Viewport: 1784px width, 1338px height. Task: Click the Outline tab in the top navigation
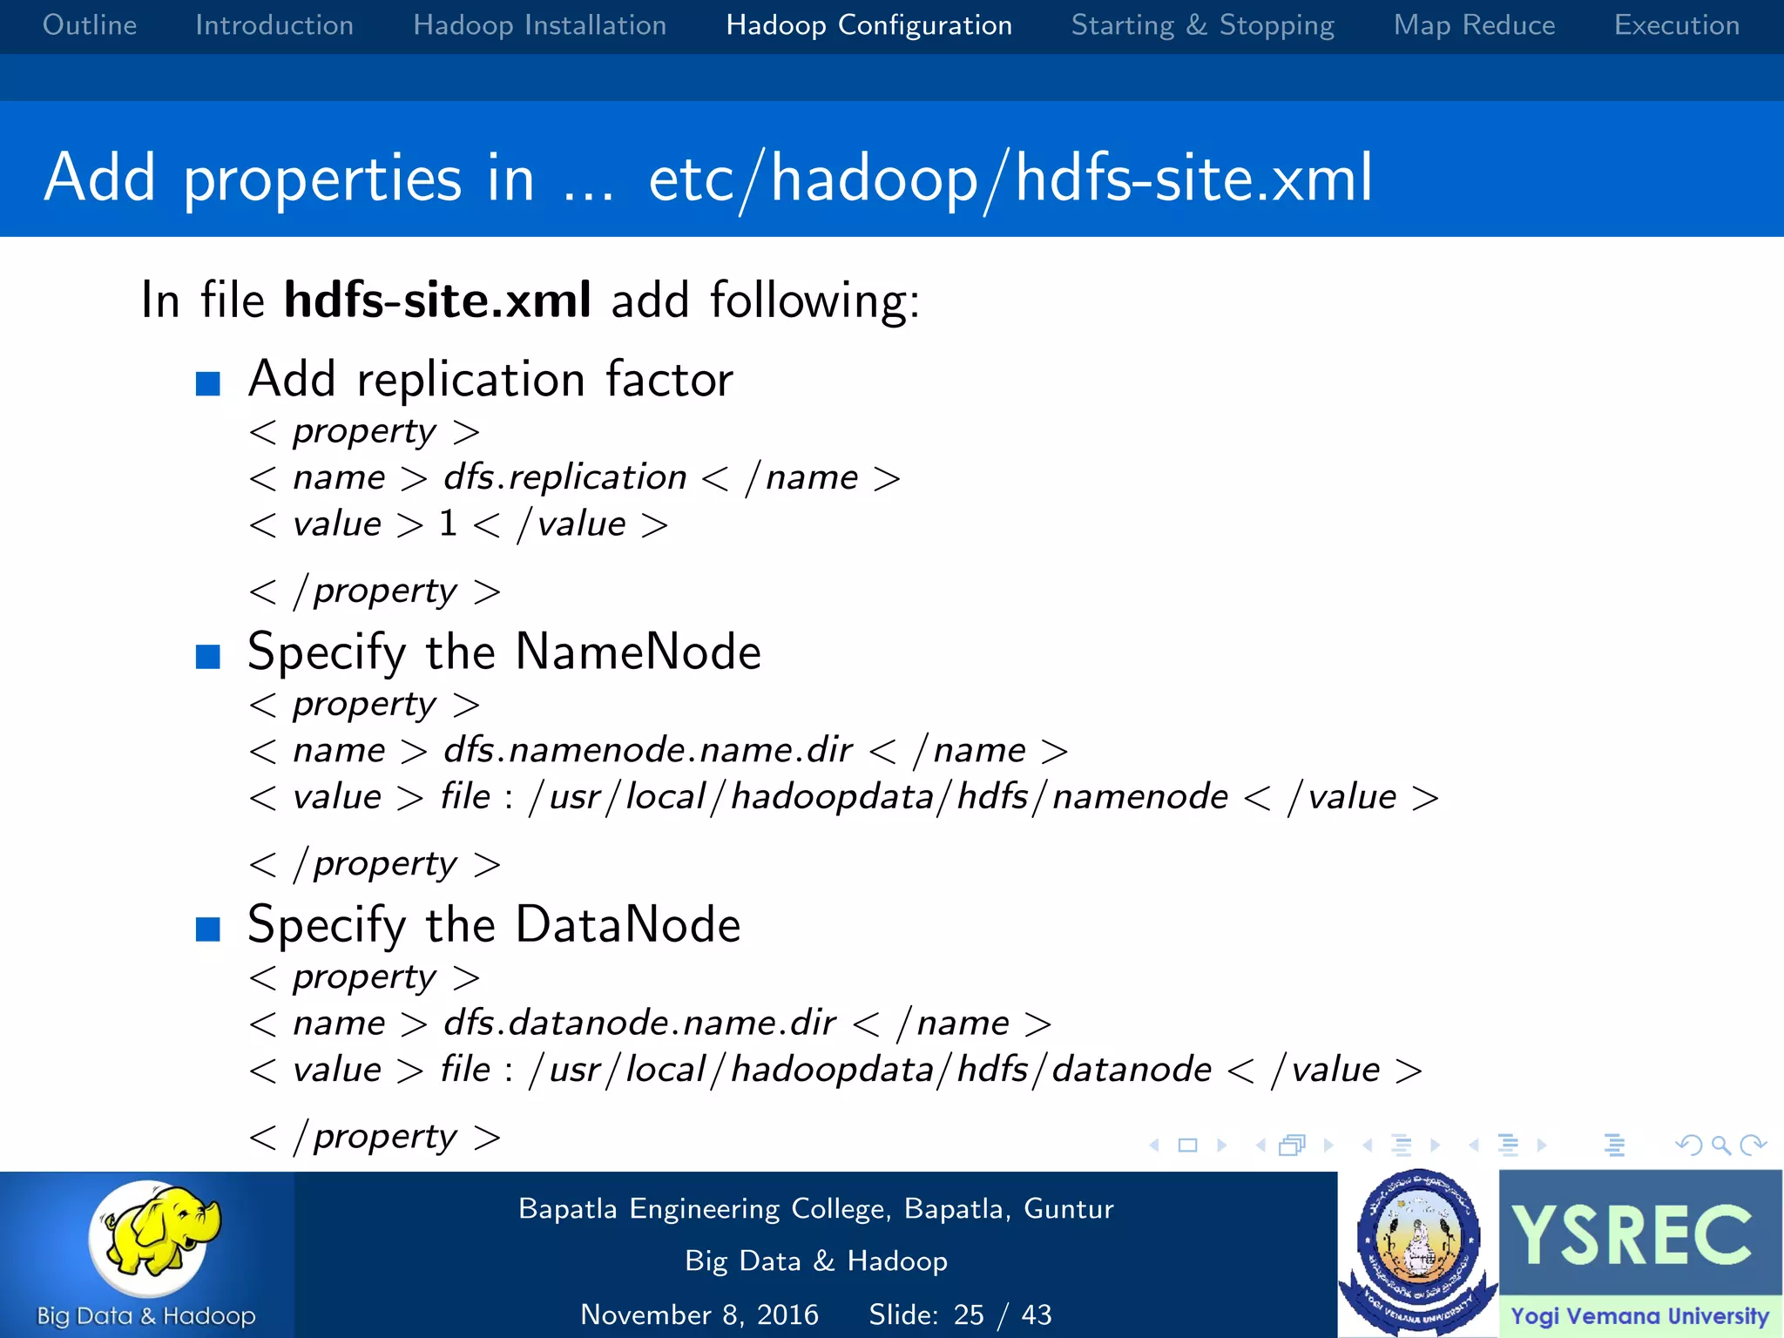(x=90, y=25)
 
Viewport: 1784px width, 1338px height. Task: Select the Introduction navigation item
(x=274, y=25)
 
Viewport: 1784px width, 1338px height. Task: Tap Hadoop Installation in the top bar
(x=539, y=25)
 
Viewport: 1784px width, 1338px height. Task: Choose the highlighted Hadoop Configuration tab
(x=868, y=25)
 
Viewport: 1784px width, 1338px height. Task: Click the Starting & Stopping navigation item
(x=1202, y=25)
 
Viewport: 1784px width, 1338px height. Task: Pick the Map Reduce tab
(x=1474, y=25)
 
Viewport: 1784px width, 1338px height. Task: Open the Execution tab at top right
(x=1676, y=25)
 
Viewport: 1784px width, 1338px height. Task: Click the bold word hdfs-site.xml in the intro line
(x=438, y=301)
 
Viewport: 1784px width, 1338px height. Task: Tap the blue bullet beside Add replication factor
(x=208, y=383)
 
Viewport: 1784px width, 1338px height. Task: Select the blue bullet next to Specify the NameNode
(x=208, y=656)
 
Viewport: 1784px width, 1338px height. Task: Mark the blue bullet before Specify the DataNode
(x=208, y=929)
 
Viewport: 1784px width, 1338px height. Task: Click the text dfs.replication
(x=564, y=477)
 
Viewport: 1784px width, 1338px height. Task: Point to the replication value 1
(x=449, y=524)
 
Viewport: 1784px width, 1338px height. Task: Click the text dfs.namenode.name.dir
(x=647, y=750)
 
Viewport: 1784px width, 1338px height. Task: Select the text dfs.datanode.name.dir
(x=639, y=1023)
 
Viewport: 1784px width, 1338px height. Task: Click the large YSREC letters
(x=1632, y=1234)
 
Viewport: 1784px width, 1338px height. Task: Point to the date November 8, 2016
(x=699, y=1314)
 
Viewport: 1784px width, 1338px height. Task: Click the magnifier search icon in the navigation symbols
(x=1720, y=1145)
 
